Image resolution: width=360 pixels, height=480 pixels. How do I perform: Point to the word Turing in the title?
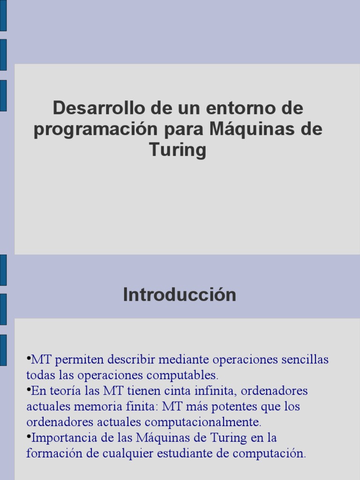[x=178, y=150]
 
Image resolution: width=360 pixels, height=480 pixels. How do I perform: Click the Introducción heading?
[x=180, y=295]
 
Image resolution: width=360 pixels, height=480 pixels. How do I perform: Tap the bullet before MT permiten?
[x=28, y=359]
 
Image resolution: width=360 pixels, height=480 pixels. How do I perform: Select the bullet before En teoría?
[x=28, y=390]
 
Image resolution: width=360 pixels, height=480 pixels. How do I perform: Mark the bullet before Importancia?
[x=28, y=437]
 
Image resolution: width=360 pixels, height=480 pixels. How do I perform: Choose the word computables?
[x=187, y=376]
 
